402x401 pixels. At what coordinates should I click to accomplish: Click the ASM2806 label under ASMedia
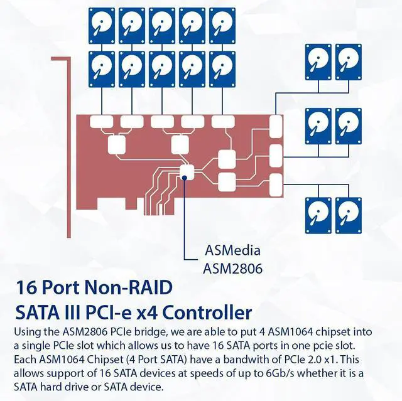[232, 268]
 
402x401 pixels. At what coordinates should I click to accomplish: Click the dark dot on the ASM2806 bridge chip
[186, 178]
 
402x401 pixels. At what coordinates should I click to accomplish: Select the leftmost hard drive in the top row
[102, 24]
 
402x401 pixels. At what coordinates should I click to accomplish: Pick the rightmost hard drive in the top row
[222, 24]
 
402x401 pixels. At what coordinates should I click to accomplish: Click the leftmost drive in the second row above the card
[102, 67]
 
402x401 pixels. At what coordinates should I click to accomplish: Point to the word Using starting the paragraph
[28, 331]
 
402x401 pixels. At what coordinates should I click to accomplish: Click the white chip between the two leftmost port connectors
[117, 144]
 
